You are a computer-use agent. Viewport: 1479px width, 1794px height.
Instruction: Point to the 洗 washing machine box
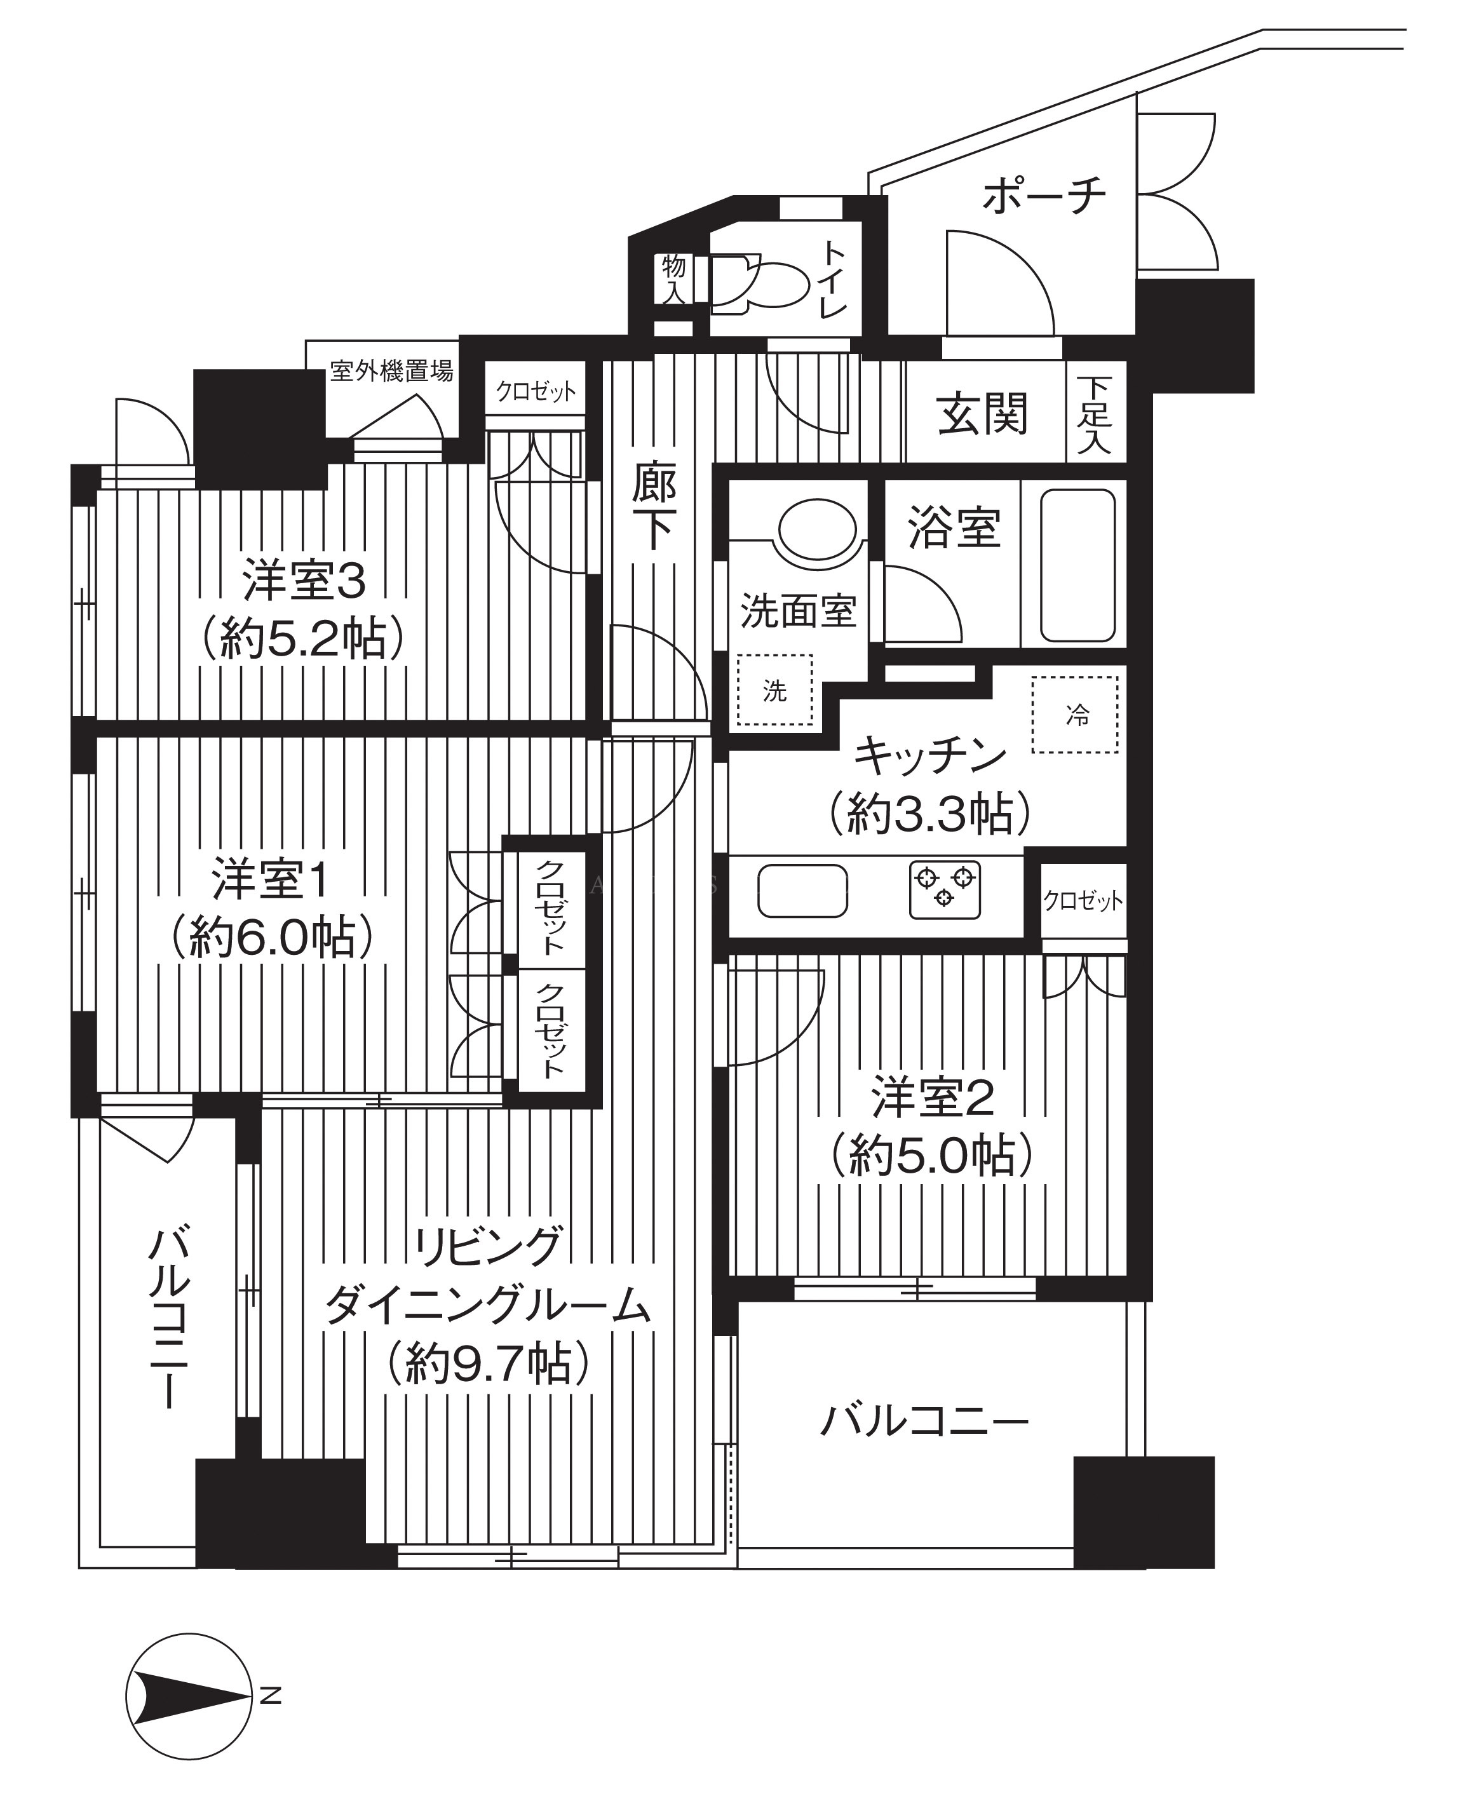click(x=774, y=690)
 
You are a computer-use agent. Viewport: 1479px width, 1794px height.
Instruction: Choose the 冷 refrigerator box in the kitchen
click(x=1075, y=715)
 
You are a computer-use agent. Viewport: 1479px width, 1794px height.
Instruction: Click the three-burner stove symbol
click(x=944, y=890)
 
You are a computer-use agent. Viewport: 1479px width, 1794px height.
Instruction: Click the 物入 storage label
click(x=674, y=278)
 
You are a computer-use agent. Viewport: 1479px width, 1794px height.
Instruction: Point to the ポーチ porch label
click(x=1044, y=195)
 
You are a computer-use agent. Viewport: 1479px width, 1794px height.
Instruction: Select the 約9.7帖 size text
click(x=488, y=1364)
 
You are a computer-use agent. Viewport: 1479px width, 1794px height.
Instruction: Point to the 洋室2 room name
click(x=933, y=1099)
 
